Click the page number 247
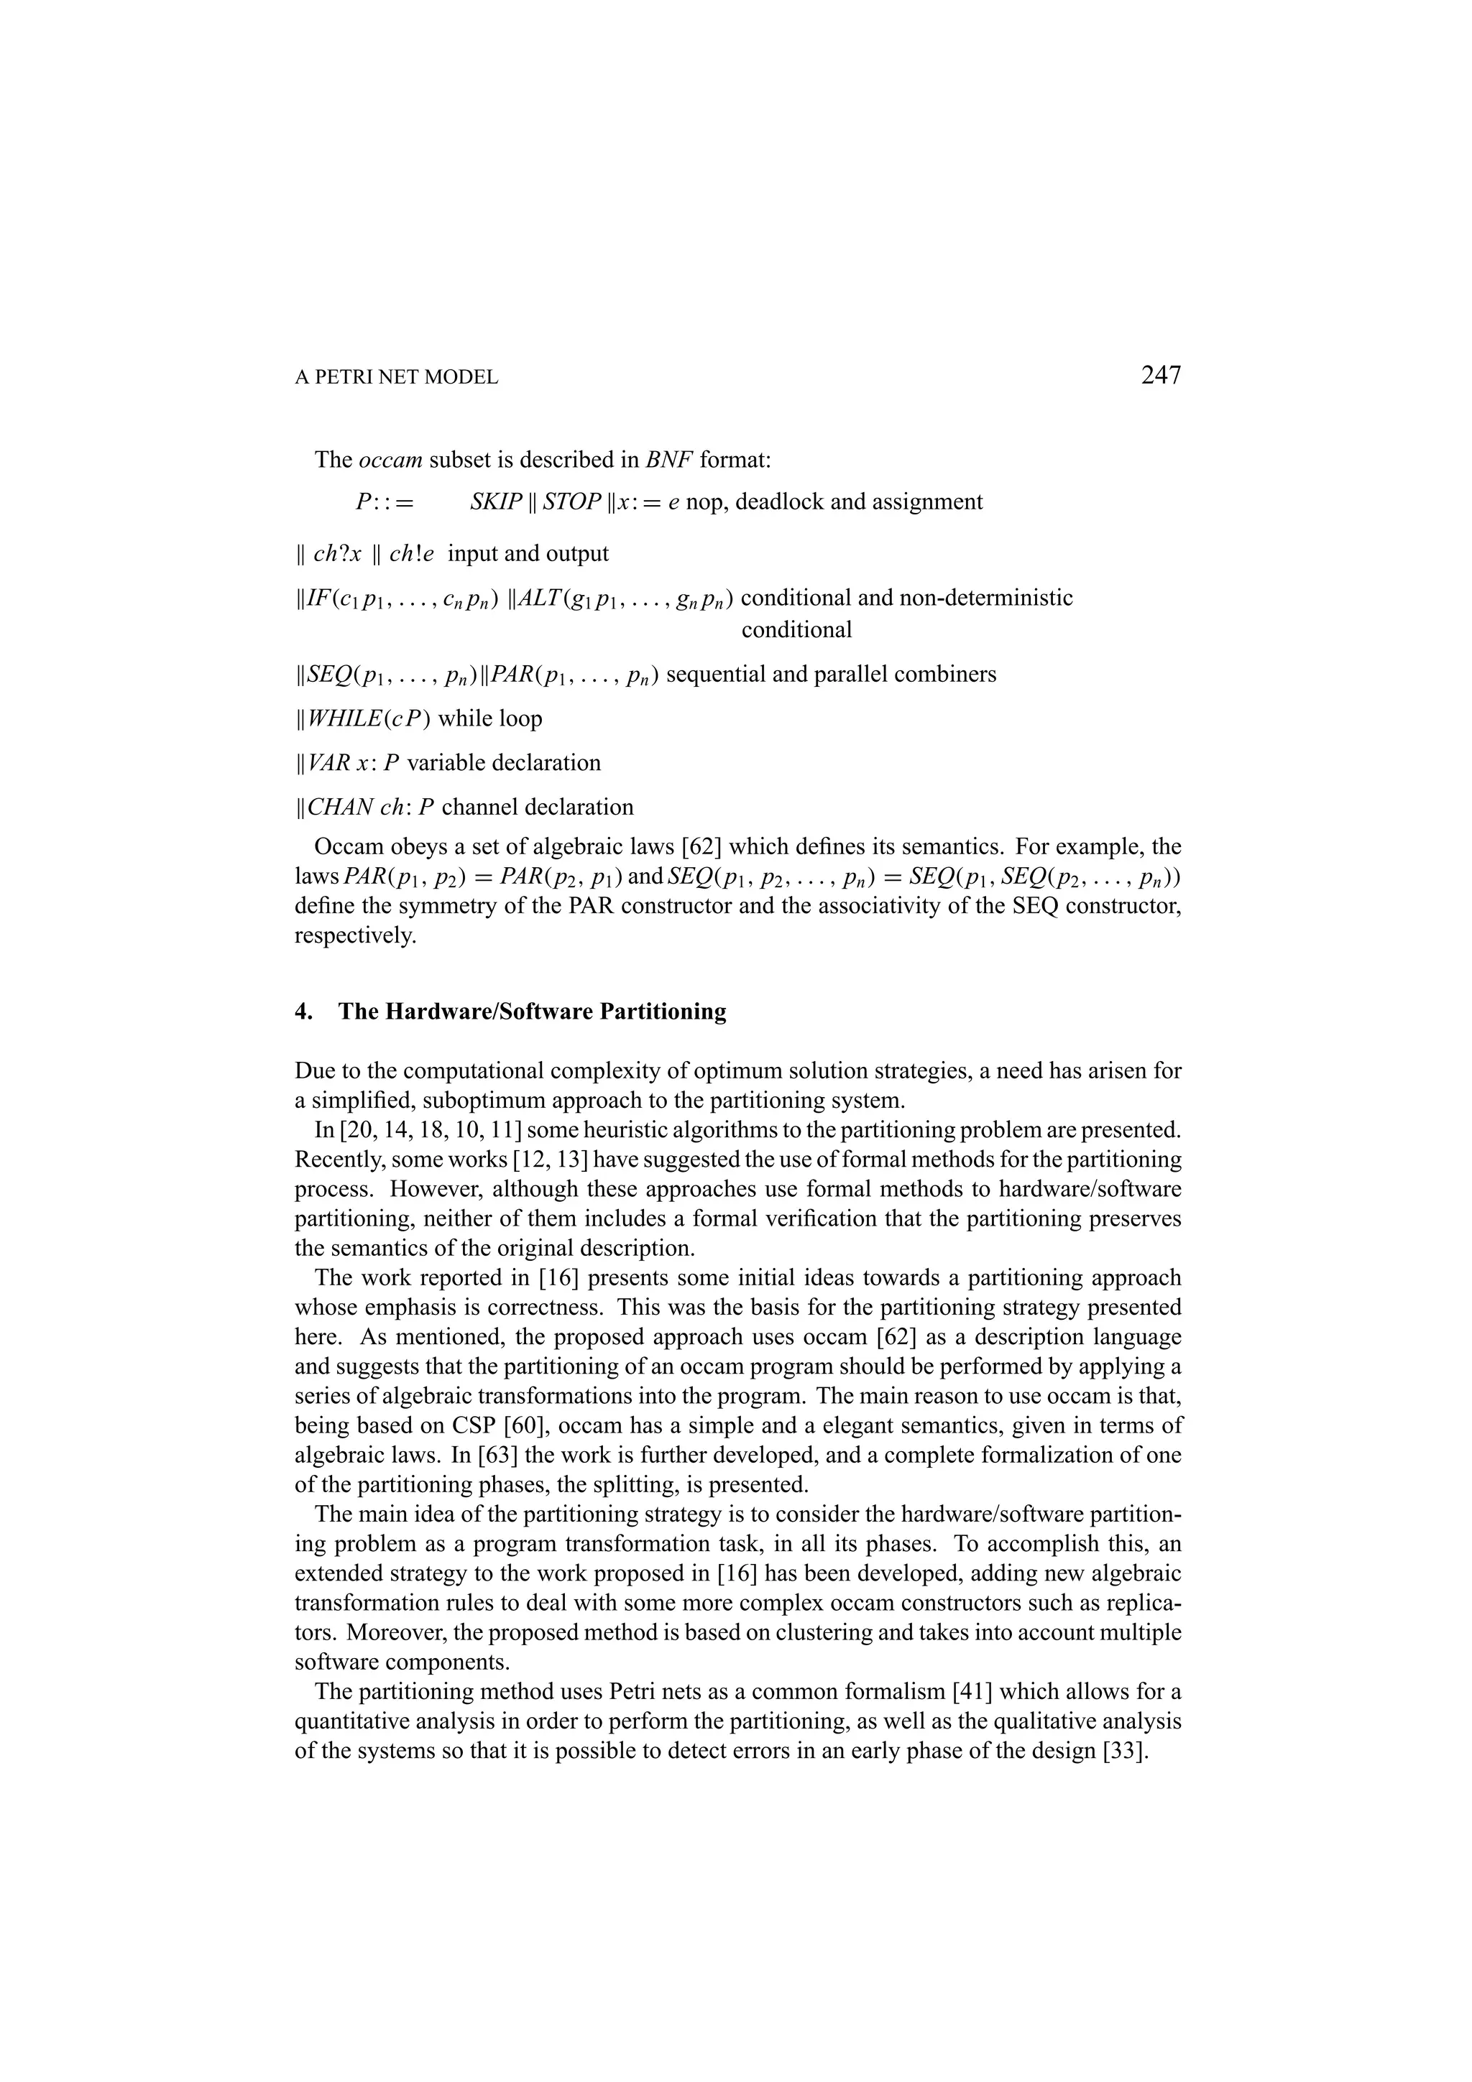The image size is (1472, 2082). [1160, 374]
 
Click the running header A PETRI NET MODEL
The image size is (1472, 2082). [396, 378]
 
